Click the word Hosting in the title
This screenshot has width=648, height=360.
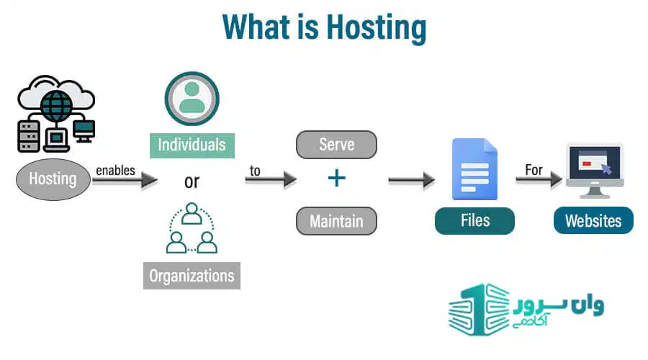377,27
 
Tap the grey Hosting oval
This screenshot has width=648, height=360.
53,179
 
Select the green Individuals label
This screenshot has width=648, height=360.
192,145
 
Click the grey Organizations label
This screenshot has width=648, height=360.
192,276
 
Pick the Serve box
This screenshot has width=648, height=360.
336,145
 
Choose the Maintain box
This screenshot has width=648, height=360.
336,221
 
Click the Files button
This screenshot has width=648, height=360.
475,221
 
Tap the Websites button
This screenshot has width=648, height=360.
593,221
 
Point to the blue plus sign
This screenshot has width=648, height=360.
337,178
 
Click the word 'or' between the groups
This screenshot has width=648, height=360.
192,181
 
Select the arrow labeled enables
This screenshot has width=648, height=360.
125,180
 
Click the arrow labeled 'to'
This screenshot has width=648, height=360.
271,180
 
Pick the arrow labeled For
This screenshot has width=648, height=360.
539,179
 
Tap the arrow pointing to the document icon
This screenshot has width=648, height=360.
412,180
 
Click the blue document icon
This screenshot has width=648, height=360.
475,169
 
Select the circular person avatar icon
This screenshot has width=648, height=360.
192,99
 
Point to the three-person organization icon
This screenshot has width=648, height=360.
192,228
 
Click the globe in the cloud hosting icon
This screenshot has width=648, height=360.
57,107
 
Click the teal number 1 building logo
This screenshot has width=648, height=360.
480,310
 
